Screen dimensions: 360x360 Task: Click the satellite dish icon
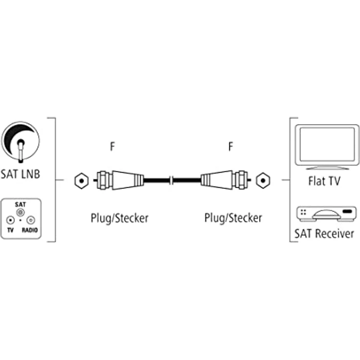pyautogui.click(x=21, y=142)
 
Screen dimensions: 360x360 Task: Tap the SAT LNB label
pyautogui.click(x=21, y=174)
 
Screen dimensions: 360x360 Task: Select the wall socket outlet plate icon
pyautogui.click(x=21, y=218)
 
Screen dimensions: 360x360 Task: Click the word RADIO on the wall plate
pyautogui.click(x=31, y=229)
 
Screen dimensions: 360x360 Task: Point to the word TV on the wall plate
pyautogui.click(x=9, y=229)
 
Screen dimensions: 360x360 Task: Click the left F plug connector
pyautogui.click(x=119, y=180)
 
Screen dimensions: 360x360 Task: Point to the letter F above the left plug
pyautogui.click(x=112, y=147)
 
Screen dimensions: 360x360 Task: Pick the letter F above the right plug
pyautogui.click(x=230, y=147)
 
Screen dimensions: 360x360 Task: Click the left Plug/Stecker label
pyautogui.click(x=119, y=218)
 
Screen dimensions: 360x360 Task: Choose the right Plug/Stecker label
pyautogui.click(x=233, y=218)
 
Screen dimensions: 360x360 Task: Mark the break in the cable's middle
pyautogui.click(x=172, y=180)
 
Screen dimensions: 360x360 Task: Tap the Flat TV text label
pyautogui.click(x=324, y=181)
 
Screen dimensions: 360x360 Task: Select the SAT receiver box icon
pyautogui.click(x=324, y=213)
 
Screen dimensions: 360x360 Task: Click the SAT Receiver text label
pyautogui.click(x=324, y=234)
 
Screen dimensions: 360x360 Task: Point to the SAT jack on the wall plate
pyautogui.click(x=20, y=212)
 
